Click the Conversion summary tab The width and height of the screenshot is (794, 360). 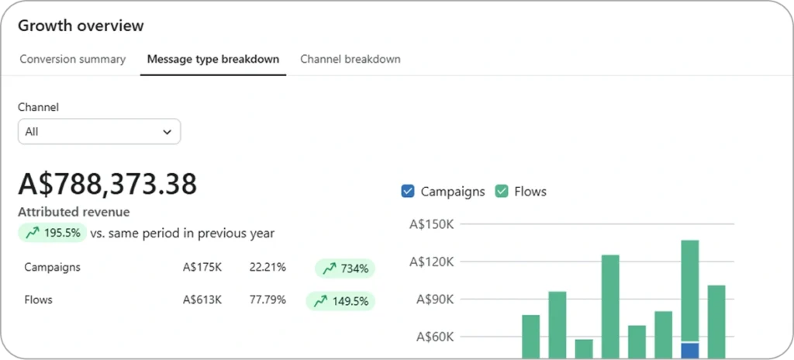(x=72, y=59)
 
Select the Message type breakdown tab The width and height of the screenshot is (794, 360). (x=213, y=59)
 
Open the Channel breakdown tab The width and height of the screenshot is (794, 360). (x=350, y=59)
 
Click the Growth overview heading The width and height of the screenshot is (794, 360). (x=81, y=26)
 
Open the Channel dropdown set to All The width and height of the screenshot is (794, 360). (x=99, y=132)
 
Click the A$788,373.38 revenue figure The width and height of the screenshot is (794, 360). (x=107, y=184)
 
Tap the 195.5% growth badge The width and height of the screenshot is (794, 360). (x=52, y=233)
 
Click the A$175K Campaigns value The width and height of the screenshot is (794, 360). (x=202, y=268)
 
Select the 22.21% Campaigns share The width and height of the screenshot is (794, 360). (x=268, y=268)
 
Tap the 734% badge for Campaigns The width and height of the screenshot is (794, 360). (x=345, y=268)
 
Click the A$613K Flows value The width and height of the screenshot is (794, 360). (x=202, y=299)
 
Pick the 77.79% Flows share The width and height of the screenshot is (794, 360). (x=268, y=299)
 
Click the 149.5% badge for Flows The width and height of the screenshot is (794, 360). (x=340, y=301)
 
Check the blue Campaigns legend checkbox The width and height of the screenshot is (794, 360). (x=409, y=192)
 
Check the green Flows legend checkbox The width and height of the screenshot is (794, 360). (x=502, y=192)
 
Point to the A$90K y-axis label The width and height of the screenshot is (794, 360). (x=433, y=299)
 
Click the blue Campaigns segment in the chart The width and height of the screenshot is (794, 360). (x=689, y=350)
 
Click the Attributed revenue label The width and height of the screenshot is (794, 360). (x=74, y=212)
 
